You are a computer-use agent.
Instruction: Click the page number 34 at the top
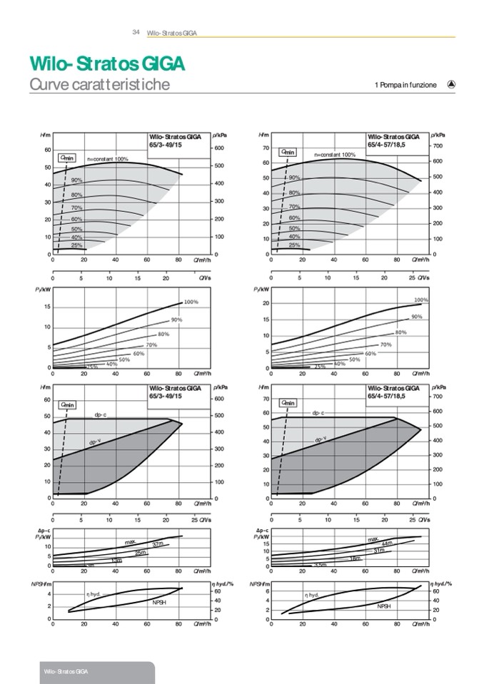[x=135, y=32]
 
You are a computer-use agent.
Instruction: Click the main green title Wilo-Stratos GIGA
[x=107, y=64]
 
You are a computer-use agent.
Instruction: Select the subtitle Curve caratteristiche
[x=99, y=84]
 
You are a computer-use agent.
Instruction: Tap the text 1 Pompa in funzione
[x=405, y=85]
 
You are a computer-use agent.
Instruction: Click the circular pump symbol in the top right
[x=451, y=83]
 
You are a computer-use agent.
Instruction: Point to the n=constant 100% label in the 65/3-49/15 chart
[x=108, y=159]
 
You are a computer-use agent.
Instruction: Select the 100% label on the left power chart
[x=191, y=302]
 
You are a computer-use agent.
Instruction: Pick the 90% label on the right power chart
[x=417, y=317]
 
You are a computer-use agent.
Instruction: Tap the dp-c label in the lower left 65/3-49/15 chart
[x=101, y=415]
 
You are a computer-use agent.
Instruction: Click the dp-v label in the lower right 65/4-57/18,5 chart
[x=321, y=440]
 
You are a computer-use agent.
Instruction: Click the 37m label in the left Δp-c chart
[x=158, y=545]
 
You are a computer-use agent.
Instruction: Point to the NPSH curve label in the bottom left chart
[x=158, y=603]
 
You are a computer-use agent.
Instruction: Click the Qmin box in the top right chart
[x=288, y=152]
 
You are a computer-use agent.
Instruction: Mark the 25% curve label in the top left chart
[x=76, y=245]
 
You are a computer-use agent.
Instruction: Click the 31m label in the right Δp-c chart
[x=379, y=551]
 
